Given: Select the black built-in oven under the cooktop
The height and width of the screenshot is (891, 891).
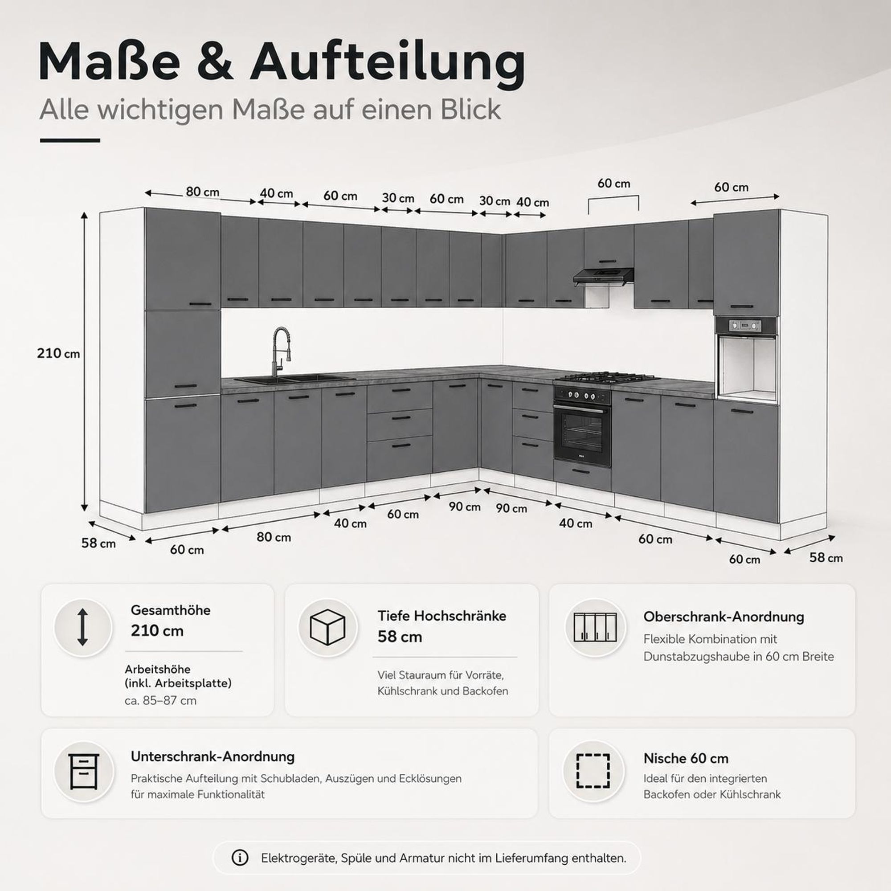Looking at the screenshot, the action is coord(582,426).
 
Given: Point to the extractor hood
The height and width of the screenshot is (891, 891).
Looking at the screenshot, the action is coord(603,277).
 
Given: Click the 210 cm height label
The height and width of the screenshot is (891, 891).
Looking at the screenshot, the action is coord(58,353).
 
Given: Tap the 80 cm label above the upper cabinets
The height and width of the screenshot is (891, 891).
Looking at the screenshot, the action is coord(202,192).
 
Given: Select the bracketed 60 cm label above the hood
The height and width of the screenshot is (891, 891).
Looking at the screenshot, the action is coord(613,183).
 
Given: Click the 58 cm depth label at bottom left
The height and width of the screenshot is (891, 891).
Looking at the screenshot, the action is coord(98,543).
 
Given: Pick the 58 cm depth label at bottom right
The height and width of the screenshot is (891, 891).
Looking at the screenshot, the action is coord(826,557).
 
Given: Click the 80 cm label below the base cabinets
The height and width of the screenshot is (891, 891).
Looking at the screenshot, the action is coord(274,537).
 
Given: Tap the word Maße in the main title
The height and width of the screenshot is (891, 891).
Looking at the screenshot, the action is coord(109,62).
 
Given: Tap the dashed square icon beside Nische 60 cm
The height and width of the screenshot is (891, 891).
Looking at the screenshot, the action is coord(593,771).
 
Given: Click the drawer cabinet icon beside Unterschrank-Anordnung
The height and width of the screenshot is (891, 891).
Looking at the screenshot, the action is coord(83,772).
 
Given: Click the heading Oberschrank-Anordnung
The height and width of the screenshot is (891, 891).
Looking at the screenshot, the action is coord(723,617).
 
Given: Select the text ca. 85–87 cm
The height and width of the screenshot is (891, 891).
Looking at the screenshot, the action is coord(160,700).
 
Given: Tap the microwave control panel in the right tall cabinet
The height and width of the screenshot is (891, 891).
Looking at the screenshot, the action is coord(745,326).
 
